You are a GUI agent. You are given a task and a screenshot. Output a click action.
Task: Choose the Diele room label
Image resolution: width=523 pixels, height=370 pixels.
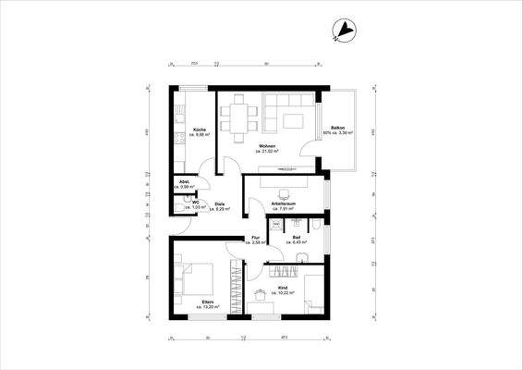click(x=220, y=206)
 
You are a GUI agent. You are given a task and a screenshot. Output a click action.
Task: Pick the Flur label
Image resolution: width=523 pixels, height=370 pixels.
click(x=256, y=240)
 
